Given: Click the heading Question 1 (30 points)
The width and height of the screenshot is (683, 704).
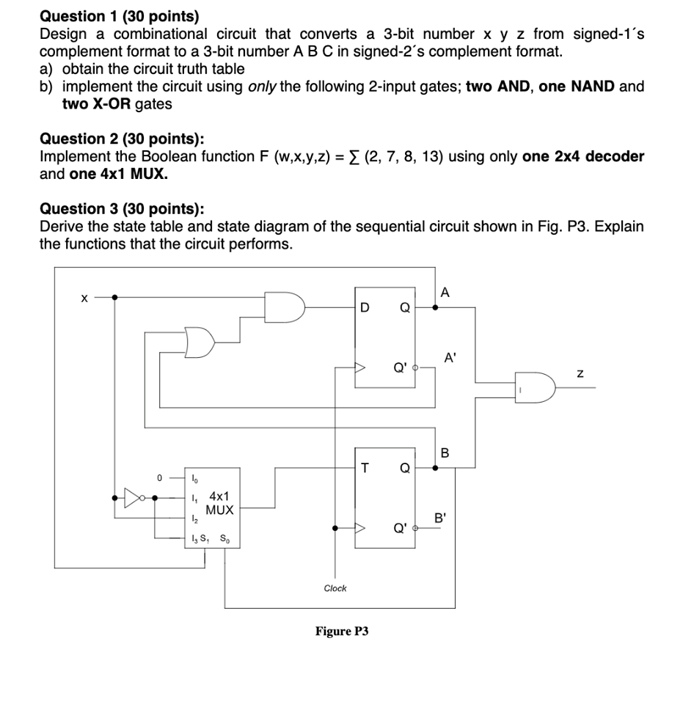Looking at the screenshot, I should [x=119, y=15].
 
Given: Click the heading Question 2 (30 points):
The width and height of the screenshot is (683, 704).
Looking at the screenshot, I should [x=122, y=139].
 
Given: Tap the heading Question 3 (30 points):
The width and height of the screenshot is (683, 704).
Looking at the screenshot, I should [x=122, y=208].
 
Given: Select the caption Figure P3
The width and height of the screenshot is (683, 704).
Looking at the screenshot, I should [x=341, y=631].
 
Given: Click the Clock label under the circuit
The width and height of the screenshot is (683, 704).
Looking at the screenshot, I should [x=335, y=588].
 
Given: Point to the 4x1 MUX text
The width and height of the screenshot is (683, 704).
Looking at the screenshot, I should [x=219, y=502].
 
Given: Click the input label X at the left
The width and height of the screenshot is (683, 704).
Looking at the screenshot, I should [x=84, y=298].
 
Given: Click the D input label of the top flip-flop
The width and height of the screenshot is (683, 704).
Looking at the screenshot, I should [x=364, y=307].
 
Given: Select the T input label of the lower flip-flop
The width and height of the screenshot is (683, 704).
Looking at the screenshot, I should [x=364, y=468].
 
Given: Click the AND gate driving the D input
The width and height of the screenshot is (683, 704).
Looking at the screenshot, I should [x=285, y=307].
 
